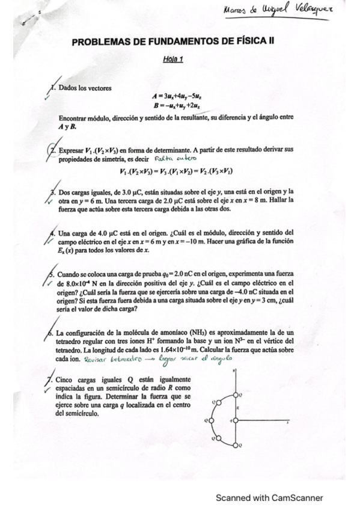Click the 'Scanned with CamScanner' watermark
pyautogui.click(x=270, y=497)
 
